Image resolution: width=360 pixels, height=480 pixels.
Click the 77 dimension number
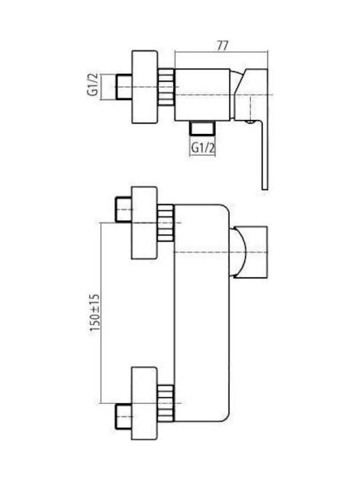click(223, 45)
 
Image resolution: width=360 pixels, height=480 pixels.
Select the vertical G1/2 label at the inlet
click(93, 85)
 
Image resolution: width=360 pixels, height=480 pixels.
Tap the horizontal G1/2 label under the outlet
click(203, 148)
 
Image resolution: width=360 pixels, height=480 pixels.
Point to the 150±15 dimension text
click(95, 312)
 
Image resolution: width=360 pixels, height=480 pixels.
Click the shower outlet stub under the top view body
click(202, 127)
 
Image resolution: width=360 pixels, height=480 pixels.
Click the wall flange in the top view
click(145, 87)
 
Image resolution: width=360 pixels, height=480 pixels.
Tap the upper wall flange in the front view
click(145, 223)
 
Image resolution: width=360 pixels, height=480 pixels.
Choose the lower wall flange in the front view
click(145, 403)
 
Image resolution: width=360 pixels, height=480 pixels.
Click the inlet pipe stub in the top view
click(124, 87)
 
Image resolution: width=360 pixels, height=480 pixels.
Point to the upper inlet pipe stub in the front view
click(124, 209)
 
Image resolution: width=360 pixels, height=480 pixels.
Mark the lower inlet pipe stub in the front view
click(124, 416)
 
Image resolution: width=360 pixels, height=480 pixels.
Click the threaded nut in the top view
click(166, 87)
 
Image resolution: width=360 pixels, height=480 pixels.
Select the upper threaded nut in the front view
click(166, 223)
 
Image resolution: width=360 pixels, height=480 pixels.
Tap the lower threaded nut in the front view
click(166, 403)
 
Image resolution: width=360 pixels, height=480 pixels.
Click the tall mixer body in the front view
click(201, 313)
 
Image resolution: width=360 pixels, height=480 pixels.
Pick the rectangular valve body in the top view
click(202, 94)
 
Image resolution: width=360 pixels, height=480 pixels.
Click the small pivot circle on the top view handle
click(251, 123)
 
